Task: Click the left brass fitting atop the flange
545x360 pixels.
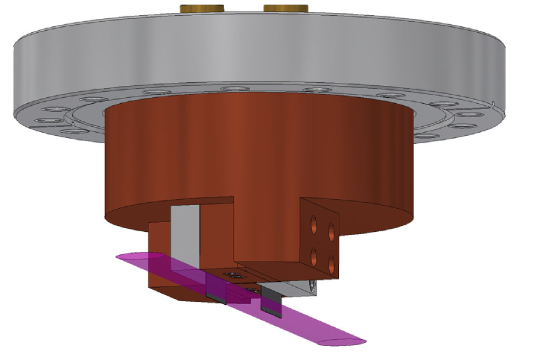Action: tap(201, 8)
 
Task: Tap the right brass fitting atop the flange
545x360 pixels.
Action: tap(286, 8)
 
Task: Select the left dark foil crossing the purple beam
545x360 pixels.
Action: tap(216, 289)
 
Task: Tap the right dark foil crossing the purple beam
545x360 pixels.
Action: tap(271, 301)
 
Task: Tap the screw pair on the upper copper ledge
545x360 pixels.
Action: tap(230, 274)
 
